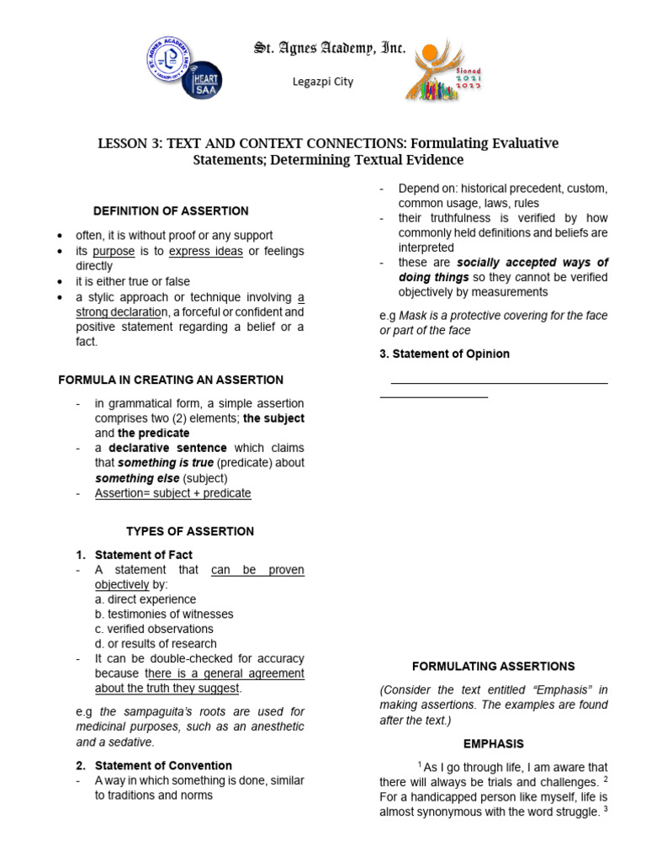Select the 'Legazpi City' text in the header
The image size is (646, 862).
[x=322, y=82]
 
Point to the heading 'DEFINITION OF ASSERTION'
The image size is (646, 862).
[x=171, y=210]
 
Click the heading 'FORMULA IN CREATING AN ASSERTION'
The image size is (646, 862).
[x=171, y=380]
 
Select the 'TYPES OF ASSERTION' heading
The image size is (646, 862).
[x=189, y=531]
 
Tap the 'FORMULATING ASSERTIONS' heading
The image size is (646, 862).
[x=494, y=665]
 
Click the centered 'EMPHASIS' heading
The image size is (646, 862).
[x=494, y=744]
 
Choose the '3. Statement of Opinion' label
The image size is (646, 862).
[x=444, y=354]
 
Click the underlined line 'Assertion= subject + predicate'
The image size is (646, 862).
[x=172, y=493]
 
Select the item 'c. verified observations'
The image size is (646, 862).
[x=154, y=629]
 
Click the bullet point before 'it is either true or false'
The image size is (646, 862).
[x=60, y=282]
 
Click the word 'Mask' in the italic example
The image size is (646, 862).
[x=413, y=316]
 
